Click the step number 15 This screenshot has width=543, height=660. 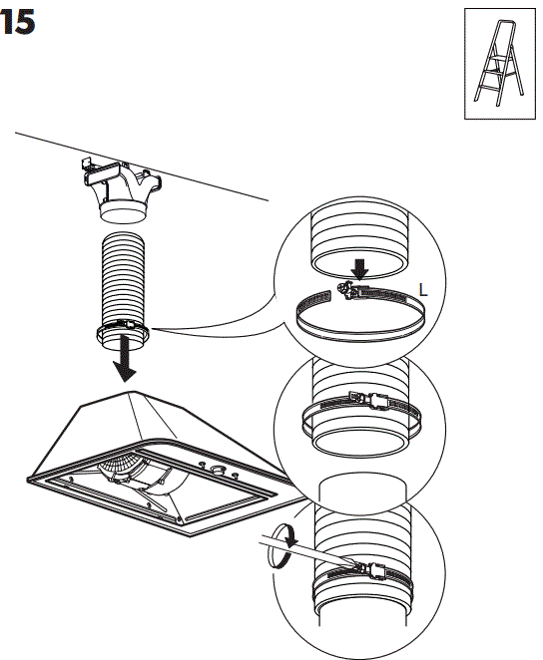[x=19, y=24]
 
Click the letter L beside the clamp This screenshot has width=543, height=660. [x=423, y=291]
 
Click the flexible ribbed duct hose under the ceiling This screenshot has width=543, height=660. [x=124, y=279]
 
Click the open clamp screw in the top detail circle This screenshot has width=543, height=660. [x=350, y=290]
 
